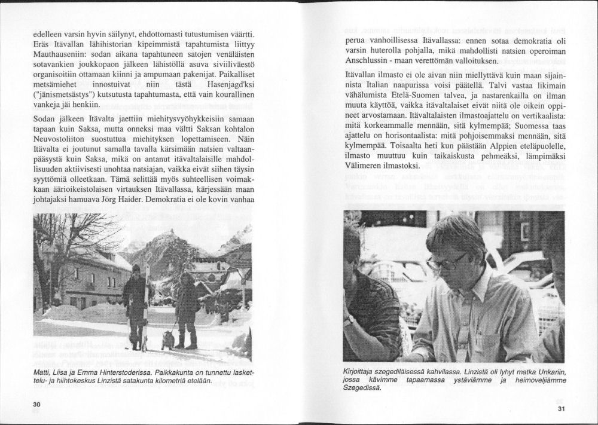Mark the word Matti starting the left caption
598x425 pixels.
(x=44, y=372)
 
